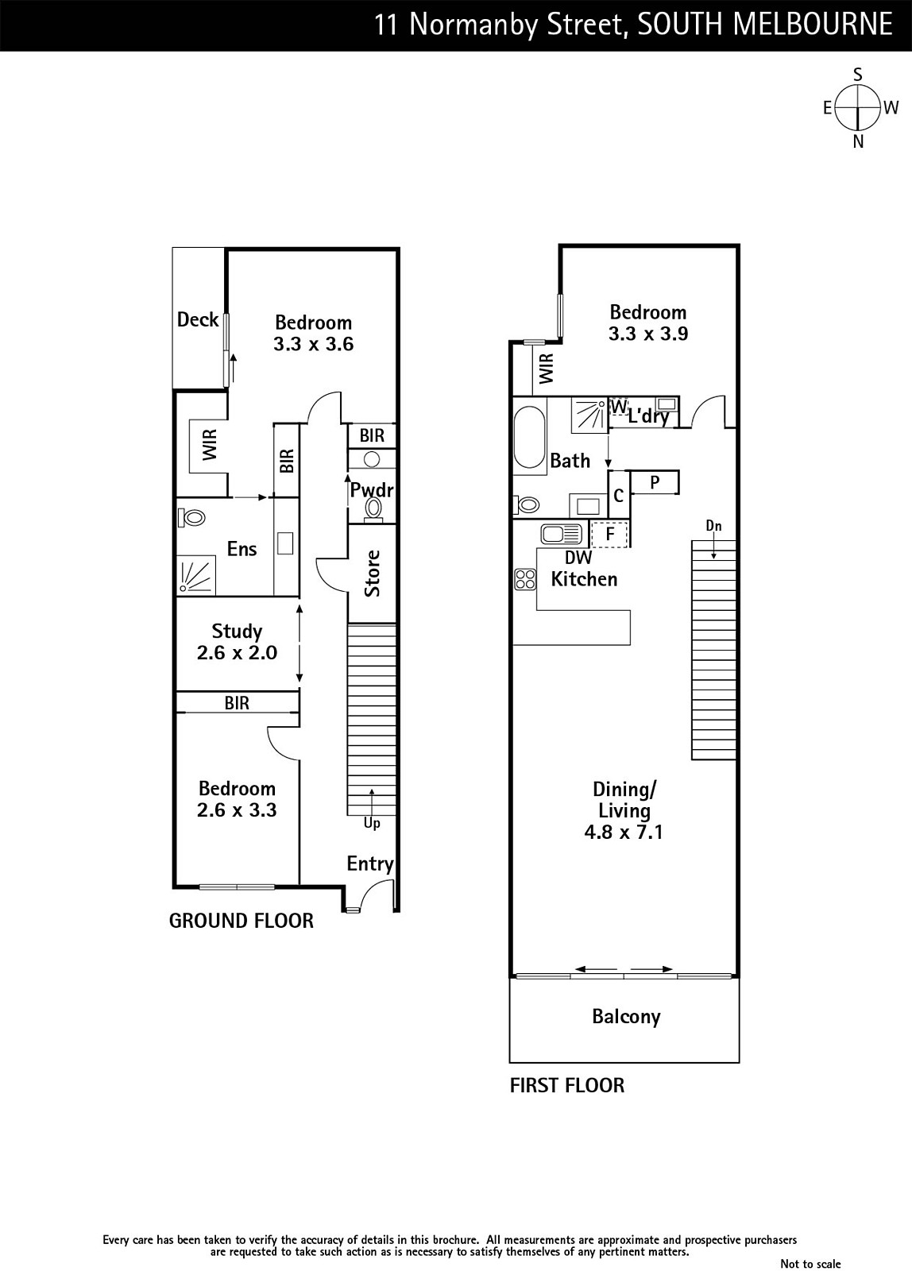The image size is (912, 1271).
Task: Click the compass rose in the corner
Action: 857,107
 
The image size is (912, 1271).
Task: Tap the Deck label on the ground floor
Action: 198,319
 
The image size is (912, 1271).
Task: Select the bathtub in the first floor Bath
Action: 530,437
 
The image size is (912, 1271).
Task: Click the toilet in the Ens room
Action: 191,517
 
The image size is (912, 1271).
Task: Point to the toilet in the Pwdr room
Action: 373,508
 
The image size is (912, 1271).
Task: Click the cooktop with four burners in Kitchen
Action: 525,579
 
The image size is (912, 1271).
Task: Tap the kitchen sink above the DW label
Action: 562,534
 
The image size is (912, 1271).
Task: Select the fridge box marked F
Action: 609,534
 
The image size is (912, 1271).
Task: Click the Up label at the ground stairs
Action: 372,823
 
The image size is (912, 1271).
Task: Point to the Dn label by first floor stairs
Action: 714,526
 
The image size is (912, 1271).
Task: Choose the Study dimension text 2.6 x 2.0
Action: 237,652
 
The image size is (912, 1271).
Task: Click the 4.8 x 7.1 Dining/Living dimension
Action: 624,833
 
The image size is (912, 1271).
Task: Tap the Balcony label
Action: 626,1016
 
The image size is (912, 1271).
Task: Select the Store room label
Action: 373,573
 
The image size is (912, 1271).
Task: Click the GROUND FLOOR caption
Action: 242,921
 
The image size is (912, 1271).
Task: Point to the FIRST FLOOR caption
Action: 567,1085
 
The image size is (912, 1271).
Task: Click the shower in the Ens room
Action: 196,575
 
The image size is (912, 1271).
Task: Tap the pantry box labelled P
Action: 655,482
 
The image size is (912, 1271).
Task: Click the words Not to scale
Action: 810,1263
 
